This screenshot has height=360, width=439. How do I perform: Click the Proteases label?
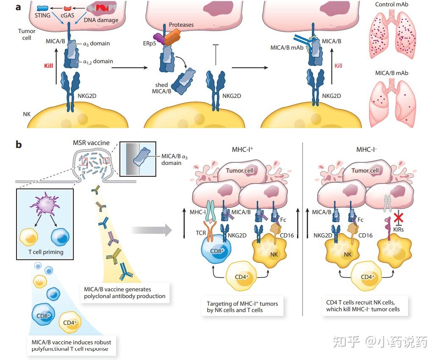point(181,25)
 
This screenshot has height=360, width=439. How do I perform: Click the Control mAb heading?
point(392,5)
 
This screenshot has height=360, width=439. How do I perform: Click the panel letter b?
point(19,145)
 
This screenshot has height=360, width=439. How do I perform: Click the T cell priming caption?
point(46,252)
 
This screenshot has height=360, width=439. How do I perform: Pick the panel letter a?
point(19,7)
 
